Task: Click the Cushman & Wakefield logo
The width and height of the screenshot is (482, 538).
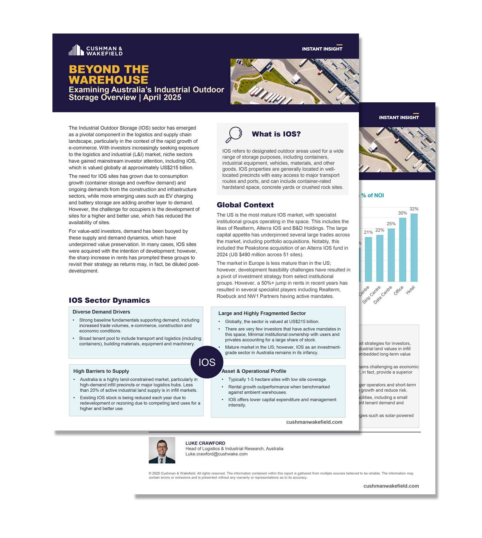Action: (95, 50)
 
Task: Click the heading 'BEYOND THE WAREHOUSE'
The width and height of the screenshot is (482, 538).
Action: (108, 75)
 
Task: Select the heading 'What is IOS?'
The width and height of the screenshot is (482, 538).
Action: (276, 134)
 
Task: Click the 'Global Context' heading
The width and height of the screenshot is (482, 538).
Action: (245, 205)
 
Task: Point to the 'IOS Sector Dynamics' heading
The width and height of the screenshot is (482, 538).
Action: (109, 300)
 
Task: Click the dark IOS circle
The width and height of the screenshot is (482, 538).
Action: (207, 362)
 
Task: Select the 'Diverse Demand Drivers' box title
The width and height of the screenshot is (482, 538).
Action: (101, 312)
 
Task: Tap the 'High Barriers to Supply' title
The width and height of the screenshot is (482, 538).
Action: (101, 371)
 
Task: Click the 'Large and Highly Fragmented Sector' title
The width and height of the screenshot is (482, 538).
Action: (262, 313)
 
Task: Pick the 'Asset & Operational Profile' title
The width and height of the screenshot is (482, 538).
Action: (254, 371)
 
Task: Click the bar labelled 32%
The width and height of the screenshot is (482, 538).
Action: (414, 248)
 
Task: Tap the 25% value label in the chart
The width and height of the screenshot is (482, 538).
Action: (391, 224)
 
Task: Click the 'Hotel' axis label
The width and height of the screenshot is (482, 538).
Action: (410, 290)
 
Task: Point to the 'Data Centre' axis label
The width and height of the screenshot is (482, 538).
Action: (383, 295)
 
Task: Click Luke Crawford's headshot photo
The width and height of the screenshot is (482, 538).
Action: (162, 450)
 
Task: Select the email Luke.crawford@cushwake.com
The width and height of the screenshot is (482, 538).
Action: (216, 454)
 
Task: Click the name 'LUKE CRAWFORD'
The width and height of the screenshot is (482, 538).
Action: (205, 443)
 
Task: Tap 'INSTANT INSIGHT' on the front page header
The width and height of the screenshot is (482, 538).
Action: (322, 49)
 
